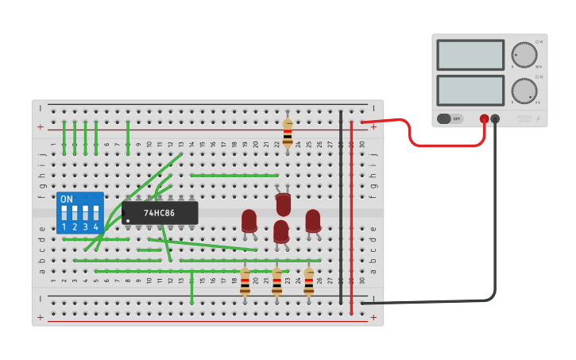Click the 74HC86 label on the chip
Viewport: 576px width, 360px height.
(160, 213)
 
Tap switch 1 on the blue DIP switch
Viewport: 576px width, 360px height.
(64, 213)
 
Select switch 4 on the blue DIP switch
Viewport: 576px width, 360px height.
(95, 213)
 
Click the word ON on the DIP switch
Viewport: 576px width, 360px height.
(67, 199)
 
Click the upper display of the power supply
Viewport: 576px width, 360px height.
(470, 55)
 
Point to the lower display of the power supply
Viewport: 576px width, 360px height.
(470, 90)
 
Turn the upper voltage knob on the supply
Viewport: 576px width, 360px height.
(524, 54)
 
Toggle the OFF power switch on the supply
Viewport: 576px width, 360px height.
(449, 118)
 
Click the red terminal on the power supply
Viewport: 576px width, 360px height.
(484, 119)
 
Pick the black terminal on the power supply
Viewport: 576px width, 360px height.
(495, 119)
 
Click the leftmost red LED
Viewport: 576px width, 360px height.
(249, 220)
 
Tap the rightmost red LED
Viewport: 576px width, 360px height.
(313, 220)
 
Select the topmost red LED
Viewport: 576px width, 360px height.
(283, 203)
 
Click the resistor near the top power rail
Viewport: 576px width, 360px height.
(288, 130)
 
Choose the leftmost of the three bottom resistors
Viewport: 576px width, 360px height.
(245, 281)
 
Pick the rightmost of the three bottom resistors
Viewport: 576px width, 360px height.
(309, 281)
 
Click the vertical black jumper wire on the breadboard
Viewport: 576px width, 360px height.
(341, 207)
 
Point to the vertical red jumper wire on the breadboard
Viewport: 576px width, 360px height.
(351, 215)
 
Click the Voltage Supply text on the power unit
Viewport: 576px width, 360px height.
(524, 118)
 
